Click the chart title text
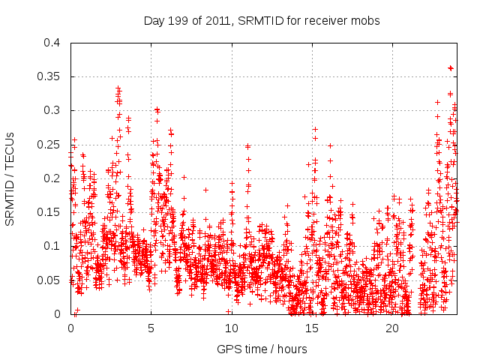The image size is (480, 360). (x=262, y=21)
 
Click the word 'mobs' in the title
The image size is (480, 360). (x=367, y=21)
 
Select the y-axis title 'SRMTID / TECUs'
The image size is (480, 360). (x=10, y=178)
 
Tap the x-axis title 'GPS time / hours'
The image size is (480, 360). (x=262, y=349)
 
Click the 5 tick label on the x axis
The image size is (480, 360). (x=151, y=328)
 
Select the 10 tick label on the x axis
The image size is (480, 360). (x=232, y=328)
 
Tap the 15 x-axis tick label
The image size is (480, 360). (x=312, y=328)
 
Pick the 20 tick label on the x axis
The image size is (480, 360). (x=392, y=328)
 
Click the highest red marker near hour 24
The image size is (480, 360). (x=450, y=68)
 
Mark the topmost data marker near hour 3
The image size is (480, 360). (x=118, y=88)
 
